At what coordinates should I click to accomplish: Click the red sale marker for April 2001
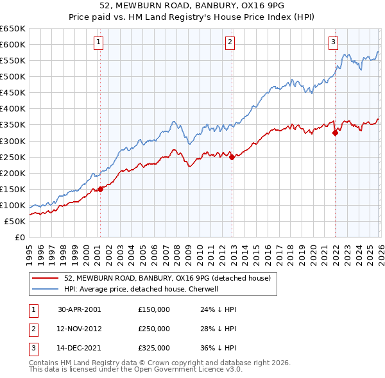[x=100, y=189]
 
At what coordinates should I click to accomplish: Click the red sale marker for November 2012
[x=232, y=157]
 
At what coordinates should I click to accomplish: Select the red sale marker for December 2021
[x=335, y=133]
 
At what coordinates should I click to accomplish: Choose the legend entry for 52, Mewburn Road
[x=168, y=278]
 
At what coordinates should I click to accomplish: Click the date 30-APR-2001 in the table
[x=79, y=309]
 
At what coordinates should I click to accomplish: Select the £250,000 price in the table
[x=154, y=329]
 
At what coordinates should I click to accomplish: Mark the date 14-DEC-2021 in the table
[x=80, y=348]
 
